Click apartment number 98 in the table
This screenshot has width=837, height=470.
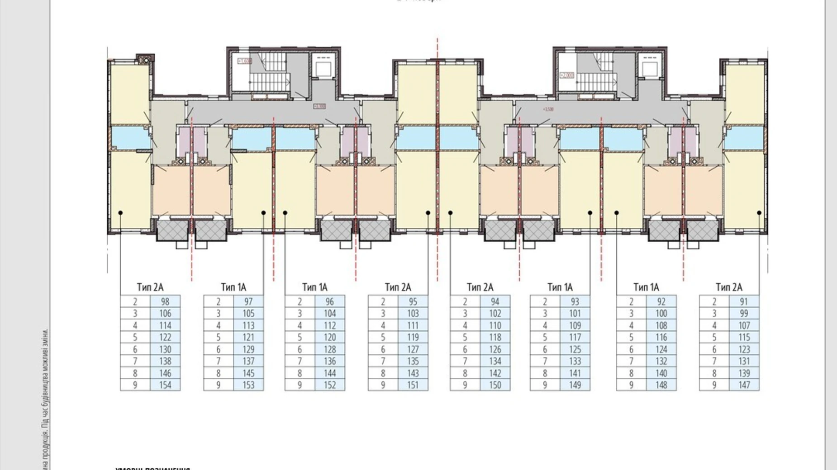click(165, 302)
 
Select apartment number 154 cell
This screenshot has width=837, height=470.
click(165, 385)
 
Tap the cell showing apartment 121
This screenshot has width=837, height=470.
click(248, 338)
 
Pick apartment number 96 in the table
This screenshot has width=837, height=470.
click(330, 302)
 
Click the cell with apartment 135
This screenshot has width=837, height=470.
click(413, 361)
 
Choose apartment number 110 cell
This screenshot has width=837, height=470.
click(495, 325)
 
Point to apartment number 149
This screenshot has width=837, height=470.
click(575, 385)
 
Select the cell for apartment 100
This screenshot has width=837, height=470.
click(661, 314)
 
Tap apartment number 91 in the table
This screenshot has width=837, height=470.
click(744, 302)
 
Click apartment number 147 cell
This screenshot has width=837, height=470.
click(744, 385)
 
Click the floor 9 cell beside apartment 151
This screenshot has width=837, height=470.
click(383, 385)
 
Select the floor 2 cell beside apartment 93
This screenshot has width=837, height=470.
click(545, 302)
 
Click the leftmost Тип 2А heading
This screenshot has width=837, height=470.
click(150, 287)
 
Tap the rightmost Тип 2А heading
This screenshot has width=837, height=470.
click(729, 287)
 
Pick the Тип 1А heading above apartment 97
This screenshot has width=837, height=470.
click(233, 287)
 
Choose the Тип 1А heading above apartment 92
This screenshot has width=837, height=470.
click(646, 287)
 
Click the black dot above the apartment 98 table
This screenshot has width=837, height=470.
click(121, 212)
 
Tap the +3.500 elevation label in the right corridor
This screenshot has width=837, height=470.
click(548, 109)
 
